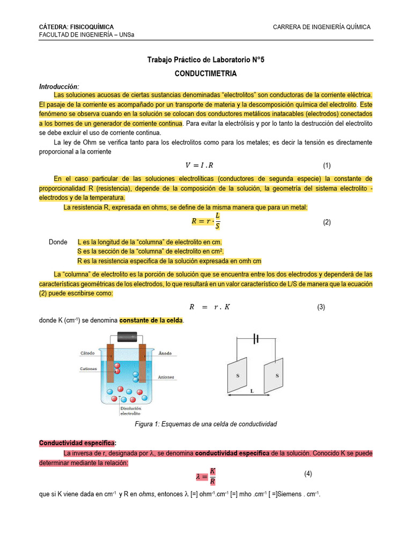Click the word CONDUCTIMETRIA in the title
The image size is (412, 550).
pos(206,73)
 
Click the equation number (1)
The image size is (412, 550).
pos(327,165)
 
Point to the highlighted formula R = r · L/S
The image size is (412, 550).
pos(206,221)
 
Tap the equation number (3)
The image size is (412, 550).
pos(321,307)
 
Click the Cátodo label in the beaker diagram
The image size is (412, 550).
pos(87,353)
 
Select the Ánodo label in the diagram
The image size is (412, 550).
pos(165,353)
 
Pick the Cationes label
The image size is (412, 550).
pos(89,369)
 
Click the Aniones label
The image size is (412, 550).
pos(166,377)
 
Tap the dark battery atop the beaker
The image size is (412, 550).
pos(127,337)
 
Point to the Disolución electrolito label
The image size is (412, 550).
pos(130,411)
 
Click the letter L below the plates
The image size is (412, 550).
pos(252,392)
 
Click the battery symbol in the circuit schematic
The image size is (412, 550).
pos(256,339)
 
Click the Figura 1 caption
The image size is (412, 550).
pos(205,424)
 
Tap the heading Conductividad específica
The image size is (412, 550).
pos(77,443)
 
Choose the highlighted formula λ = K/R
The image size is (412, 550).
pos(206,475)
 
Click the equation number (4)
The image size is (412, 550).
pos(308,474)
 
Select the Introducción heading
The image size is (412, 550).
pos(59,86)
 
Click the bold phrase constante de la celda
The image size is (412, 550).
pos(151,321)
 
